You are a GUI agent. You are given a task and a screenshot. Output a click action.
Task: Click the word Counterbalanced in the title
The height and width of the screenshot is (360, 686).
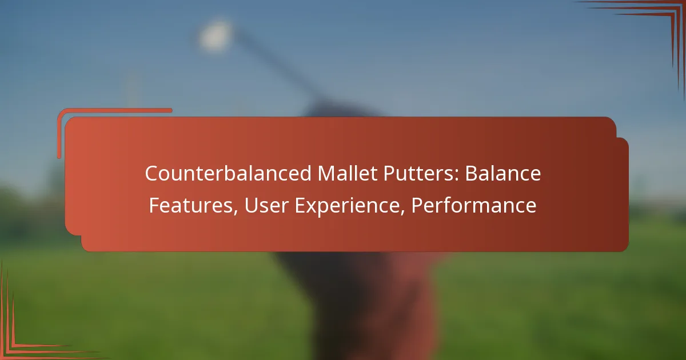point(228,174)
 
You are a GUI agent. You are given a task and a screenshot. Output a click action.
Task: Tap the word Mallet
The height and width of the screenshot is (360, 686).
point(348,174)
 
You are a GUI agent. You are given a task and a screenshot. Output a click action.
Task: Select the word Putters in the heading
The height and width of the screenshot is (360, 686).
point(417,174)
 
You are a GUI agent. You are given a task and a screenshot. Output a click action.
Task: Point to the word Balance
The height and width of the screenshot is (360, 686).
point(503,174)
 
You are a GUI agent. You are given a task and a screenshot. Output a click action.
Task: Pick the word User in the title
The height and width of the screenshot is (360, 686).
point(266,205)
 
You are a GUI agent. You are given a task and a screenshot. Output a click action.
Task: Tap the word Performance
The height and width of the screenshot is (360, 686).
point(473,205)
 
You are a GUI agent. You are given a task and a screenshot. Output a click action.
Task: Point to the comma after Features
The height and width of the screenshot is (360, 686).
point(236,213)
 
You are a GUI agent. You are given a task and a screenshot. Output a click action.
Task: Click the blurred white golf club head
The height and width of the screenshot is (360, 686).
point(214,36)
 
